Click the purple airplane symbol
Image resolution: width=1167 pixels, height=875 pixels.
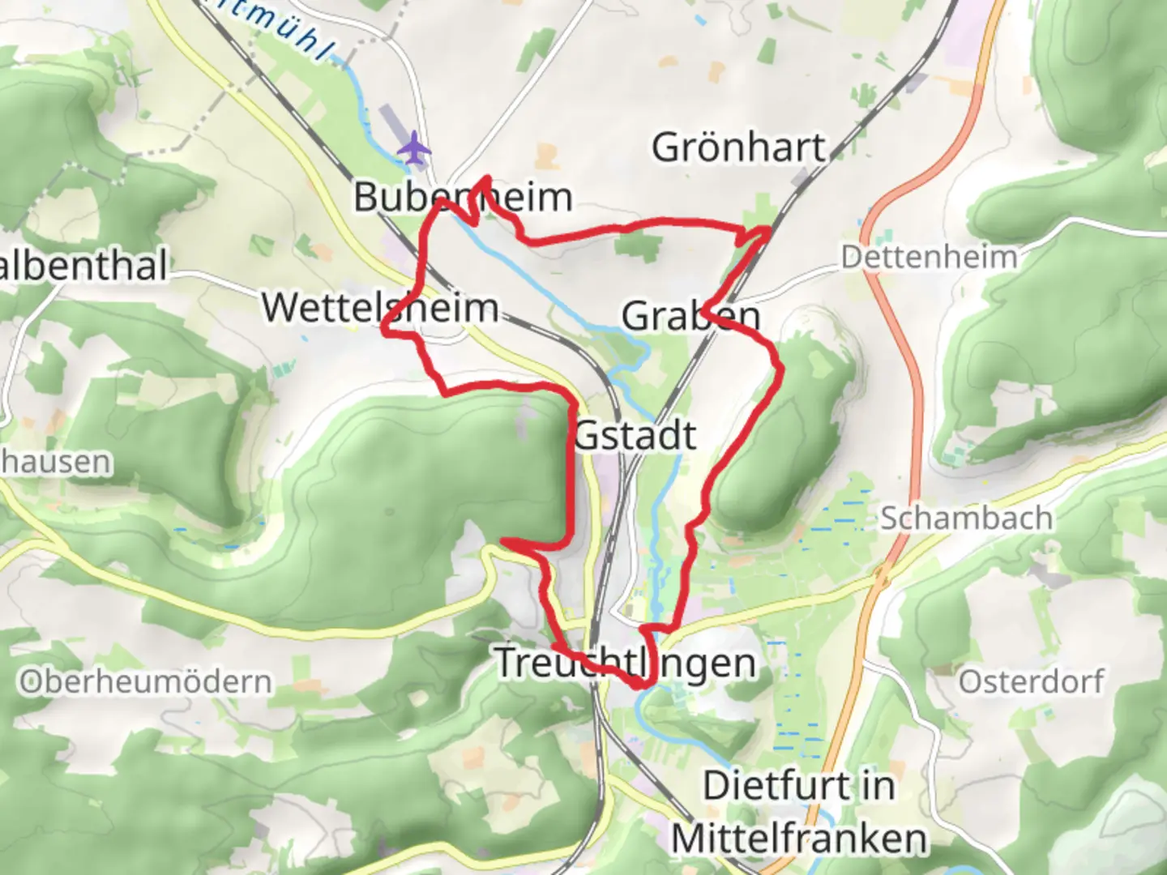[x=414, y=149]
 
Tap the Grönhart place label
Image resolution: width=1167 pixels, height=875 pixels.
[x=738, y=147]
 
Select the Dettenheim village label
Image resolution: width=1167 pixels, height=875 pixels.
[x=929, y=258]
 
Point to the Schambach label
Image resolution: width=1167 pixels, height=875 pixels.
[x=966, y=518]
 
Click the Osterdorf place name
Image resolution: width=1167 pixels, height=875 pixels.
[x=1031, y=681]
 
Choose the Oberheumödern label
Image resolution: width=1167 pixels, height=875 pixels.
[x=146, y=682]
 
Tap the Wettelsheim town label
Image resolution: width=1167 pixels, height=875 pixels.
[x=380, y=308]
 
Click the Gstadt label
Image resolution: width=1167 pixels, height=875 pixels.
[x=635, y=436]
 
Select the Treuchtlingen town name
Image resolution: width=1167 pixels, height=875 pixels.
[x=625, y=663]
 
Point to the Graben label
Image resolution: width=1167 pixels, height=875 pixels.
[x=691, y=316]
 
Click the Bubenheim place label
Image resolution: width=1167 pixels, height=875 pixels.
[x=463, y=197]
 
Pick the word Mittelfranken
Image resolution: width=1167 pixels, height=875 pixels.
[x=799, y=839]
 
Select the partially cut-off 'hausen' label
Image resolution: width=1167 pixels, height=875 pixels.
[x=55, y=462]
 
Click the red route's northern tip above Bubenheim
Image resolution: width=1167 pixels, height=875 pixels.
[x=485, y=177]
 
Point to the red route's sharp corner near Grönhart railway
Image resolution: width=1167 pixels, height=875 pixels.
[x=767, y=230]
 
